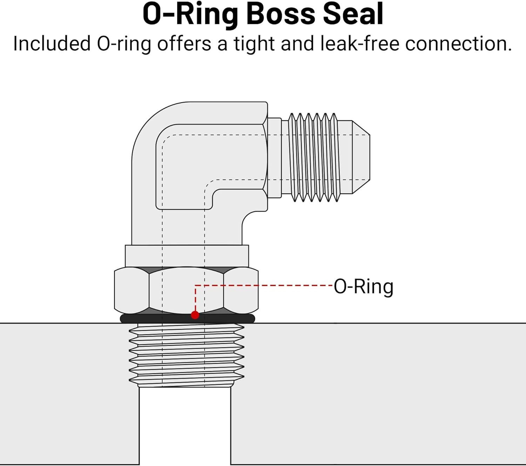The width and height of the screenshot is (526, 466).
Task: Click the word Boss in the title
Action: [281, 15]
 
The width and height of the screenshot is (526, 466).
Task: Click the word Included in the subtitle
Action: [52, 44]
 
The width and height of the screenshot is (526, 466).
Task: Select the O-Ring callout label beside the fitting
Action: [363, 287]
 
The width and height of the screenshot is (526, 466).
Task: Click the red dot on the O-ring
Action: [195, 315]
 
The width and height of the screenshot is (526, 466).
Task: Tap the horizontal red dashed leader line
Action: [263, 285]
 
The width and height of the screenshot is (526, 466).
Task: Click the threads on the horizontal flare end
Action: [314, 158]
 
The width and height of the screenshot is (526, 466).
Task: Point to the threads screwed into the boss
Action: [186, 354]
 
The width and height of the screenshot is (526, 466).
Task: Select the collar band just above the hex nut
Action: [187, 256]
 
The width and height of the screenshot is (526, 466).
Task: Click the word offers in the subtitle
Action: [184, 44]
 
